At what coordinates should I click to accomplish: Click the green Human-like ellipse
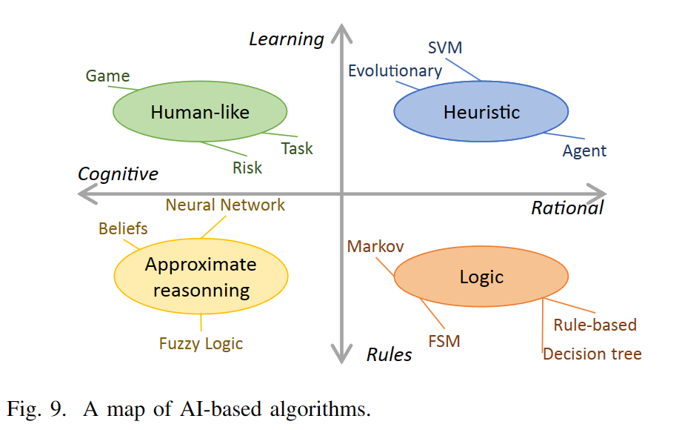[200, 112]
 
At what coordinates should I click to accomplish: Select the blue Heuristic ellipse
[481, 112]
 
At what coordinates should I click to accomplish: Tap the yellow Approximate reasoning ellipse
[201, 277]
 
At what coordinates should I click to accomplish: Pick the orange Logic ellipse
[481, 277]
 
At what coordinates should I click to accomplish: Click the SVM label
[445, 48]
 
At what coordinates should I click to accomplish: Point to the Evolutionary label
[395, 71]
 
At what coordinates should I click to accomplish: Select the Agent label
[584, 151]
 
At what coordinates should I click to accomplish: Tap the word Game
[107, 76]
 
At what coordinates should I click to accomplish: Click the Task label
[297, 148]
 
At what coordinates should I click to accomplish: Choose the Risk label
[247, 168]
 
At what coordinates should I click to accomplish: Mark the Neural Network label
[225, 205]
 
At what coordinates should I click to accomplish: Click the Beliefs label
[123, 229]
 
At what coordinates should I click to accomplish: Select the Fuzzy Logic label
[201, 343]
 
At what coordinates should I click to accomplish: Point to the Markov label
[375, 247]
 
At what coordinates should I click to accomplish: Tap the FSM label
[444, 341]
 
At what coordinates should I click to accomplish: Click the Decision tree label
[592, 354]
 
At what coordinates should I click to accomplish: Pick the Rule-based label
[595, 325]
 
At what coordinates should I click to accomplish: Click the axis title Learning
[287, 39]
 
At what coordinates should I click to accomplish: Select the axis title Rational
[567, 208]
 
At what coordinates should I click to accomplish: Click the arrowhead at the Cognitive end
[86, 194]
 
